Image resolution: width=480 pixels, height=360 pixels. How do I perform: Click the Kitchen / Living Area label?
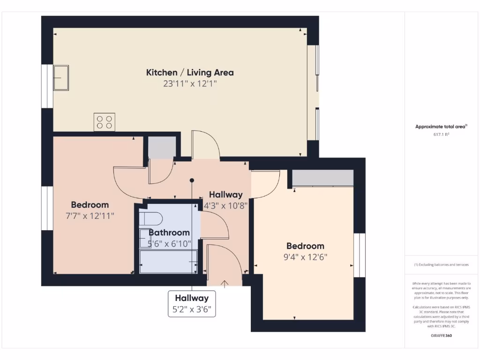tap(190, 73)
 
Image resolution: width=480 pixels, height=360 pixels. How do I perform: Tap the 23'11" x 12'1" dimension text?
tap(190, 84)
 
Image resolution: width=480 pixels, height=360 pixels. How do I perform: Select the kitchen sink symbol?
tap(61, 77)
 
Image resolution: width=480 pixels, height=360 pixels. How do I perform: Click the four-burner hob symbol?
tap(104, 122)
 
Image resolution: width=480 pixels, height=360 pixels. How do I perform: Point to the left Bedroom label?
tap(90, 205)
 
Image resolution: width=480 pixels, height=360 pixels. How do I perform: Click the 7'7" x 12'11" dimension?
tap(90, 216)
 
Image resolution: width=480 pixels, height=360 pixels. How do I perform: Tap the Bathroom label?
tap(169, 232)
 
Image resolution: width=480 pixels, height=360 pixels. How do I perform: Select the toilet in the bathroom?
tap(151, 218)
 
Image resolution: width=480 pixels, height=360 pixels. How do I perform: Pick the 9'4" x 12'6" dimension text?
tap(305, 257)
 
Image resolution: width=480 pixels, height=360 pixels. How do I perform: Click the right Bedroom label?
tap(305, 246)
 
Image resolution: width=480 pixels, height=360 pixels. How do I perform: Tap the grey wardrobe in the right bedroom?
tap(322, 178)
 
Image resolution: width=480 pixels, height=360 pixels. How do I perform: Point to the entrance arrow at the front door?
tap(225, 284)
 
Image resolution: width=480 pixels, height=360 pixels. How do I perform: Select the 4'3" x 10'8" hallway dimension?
tap(225, 205)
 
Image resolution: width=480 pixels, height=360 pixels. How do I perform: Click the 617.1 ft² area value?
tap(441, 135)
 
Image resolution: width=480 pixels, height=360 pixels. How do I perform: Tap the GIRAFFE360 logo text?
tap(441, 336)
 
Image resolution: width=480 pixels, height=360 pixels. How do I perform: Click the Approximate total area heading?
tap(441, 127)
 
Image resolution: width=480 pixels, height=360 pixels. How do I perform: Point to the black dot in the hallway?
tap(192, 180)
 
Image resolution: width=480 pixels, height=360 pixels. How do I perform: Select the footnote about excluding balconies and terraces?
tap(441, 265)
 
